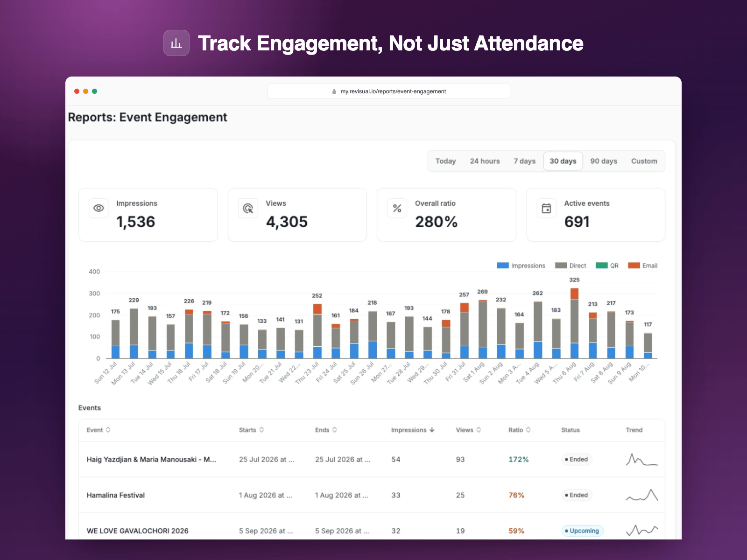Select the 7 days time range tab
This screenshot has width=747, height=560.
tap(524, 161)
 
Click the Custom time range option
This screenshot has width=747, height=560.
tap(644, 161)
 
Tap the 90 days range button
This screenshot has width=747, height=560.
tap(603, 161)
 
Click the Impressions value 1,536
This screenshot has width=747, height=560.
tap(136, 222)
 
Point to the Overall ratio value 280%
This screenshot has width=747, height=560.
tap(436, 222)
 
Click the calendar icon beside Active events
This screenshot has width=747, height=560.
tap(546, 208)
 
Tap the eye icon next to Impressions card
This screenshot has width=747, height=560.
tap(99, 208)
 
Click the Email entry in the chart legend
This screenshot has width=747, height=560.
tap(642, 266)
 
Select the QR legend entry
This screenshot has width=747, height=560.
tap(607, 266)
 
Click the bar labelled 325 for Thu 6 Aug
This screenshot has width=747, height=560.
tap(574, 323)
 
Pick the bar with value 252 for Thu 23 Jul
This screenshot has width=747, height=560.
tap(317, 331)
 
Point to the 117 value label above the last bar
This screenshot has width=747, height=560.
tap(648, 324)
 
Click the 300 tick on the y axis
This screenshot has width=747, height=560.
tap(94, 293)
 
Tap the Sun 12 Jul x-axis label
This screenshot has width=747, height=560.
tap(105, 373)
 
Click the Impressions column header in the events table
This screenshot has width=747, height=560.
tap(413, 430)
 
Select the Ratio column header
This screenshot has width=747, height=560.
tap(519, 430)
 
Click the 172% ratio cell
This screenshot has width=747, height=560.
tap(519, 459)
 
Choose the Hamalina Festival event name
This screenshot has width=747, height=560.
tap(116, 495)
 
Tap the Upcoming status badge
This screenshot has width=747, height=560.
tap(582, 531)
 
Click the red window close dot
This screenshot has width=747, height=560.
tap(77, 91)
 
